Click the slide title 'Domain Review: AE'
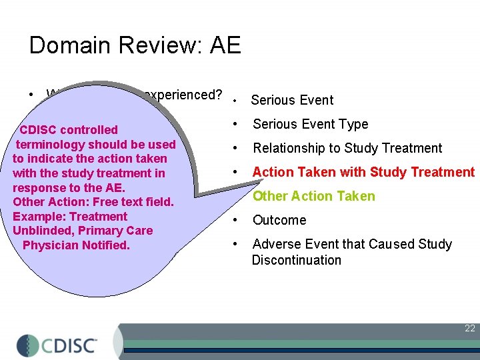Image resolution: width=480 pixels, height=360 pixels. [x=135, y=45]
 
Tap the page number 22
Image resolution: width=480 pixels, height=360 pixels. [x=470, y=328]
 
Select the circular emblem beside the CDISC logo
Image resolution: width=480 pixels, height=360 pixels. [x=28, y=345]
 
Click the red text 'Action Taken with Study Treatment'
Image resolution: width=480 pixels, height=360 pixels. [x=363, y=172]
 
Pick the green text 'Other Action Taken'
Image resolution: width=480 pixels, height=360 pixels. [x=313, y=196]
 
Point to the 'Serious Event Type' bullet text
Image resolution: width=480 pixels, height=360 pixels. [x=310, y=124]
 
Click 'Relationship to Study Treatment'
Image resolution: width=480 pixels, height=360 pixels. [x=347, y=148]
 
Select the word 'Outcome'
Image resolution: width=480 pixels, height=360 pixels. [x=279, y=220]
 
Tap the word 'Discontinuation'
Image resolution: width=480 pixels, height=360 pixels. [x=296, y=260]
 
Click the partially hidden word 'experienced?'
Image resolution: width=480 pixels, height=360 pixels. [x=183, y=95]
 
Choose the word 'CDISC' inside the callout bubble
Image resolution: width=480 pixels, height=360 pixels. [x=38, y=130]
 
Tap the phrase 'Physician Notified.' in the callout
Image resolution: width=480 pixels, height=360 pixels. [x=76, y=245]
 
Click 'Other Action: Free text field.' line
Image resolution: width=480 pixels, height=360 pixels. [x=93, y=202]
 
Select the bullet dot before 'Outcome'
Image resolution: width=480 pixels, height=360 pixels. [x=235, y=220]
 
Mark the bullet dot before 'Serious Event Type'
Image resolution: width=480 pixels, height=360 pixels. [x=235, y=124]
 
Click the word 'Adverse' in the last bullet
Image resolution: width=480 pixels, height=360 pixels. [x=275, y=244]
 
